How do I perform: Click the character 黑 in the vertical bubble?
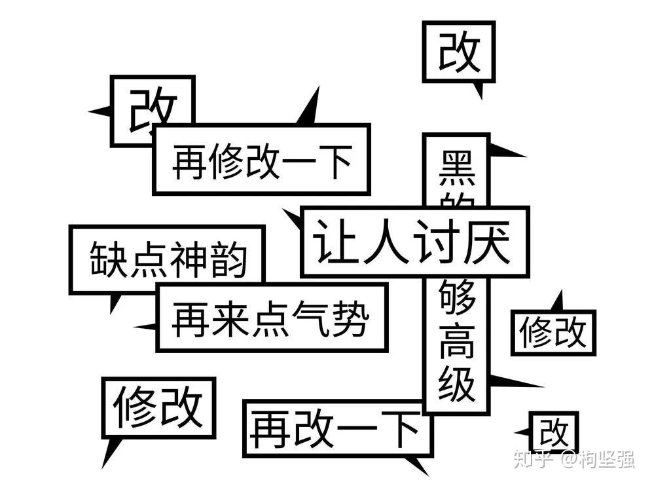click(457, 168)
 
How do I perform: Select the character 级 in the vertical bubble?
click(457, 384)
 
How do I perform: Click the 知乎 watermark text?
click(531, 459)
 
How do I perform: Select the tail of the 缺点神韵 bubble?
click(115, 303)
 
